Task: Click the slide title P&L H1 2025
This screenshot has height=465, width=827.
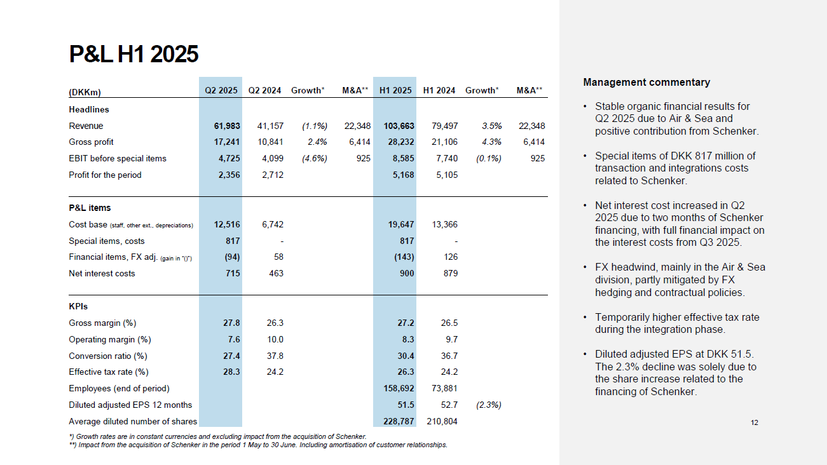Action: tap(133, 55)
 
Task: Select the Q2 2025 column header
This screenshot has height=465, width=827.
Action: tap(221, 91)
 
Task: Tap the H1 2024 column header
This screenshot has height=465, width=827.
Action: tap(439, 91)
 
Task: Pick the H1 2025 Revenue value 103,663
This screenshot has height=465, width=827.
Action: tap(399, 126)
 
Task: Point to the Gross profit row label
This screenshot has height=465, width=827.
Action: tap(91, 142)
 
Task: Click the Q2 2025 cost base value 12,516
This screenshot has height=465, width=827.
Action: tap(227, 224)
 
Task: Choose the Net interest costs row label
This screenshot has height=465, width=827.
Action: tap(102, 274)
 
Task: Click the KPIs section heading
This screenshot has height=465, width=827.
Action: tap(78, 306)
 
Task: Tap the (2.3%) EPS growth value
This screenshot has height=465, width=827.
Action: tap(488, 405)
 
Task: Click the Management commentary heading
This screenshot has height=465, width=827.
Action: tap(646, 83)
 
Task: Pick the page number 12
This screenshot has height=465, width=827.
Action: tap(754, 423)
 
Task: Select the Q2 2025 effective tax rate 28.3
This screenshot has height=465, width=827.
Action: tap(231, 372)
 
